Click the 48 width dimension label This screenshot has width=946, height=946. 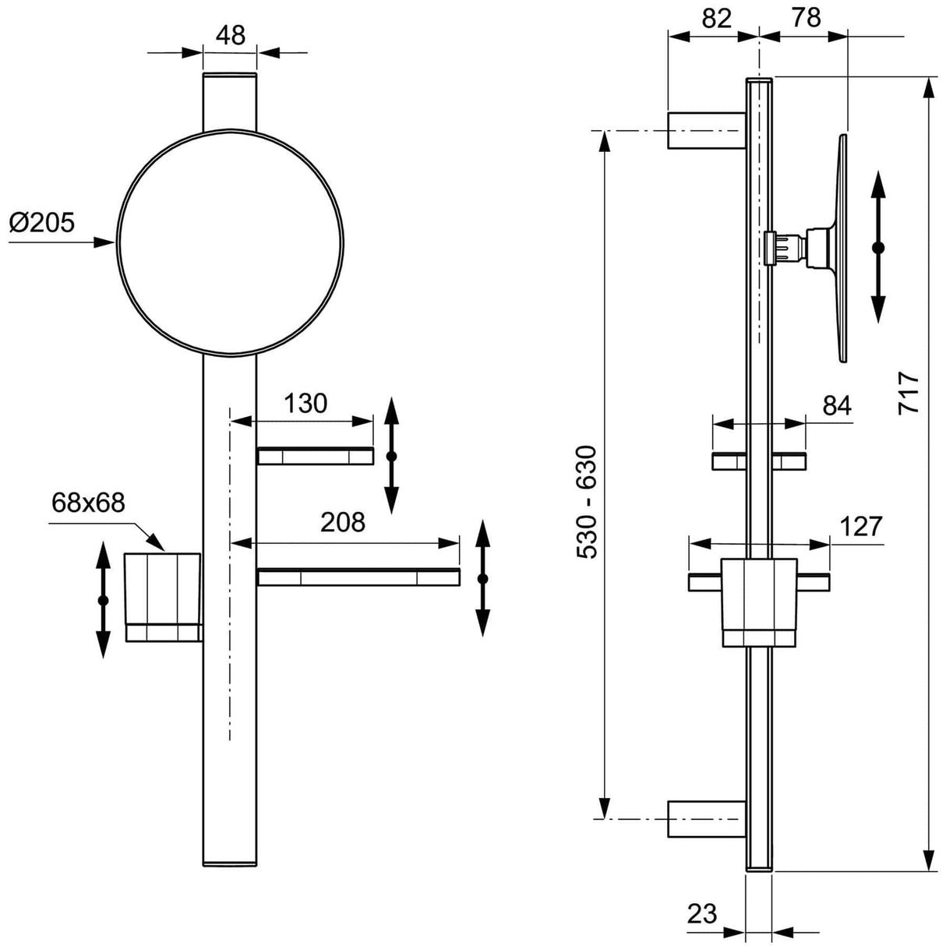[230, 34]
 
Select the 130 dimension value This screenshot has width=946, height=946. [305, 403]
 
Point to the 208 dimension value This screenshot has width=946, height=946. [343, 522]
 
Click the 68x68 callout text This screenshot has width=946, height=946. [88, 503]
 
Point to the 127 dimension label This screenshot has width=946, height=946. [860, 527]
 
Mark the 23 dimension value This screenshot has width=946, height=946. [702, 913]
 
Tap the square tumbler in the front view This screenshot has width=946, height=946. [164, 596]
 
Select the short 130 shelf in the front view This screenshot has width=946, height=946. [315, 456]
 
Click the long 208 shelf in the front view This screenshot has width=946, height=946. [358, 577]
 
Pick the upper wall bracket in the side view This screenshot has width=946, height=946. [706, 130]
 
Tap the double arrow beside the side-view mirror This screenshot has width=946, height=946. [878, 247]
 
